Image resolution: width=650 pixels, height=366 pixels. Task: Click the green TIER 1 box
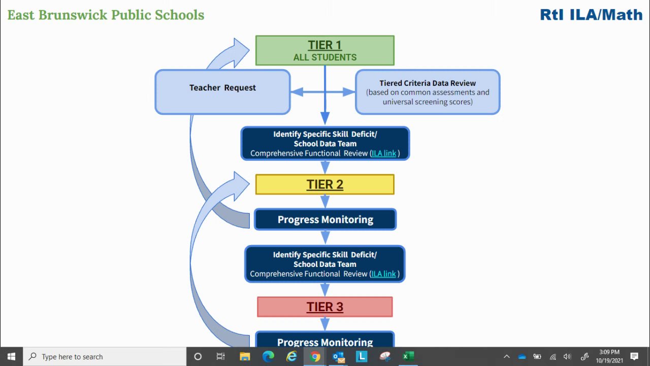tap(324, 50)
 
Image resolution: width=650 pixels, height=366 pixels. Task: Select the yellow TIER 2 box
tap(324, 185)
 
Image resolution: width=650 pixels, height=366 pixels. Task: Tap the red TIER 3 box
tap(324, 307)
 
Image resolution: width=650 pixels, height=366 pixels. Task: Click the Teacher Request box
tap(222, 91)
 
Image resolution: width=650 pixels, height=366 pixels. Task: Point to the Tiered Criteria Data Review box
tap(428, 92)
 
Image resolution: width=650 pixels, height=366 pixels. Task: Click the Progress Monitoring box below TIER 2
tap(325, 220)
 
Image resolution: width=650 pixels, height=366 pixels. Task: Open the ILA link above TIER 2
tap(383, 153)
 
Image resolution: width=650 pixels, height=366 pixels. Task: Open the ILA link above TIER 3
tap(383, 273)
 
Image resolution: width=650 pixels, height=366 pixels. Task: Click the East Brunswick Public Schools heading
tap(106, 15)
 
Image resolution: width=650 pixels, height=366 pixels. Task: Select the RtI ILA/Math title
tap(591, 15)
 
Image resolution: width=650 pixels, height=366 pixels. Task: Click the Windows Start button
tap(11, 356)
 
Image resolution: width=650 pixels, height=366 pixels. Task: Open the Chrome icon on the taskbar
tap(315, 356)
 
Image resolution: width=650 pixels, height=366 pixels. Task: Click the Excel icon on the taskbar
tap(408, 356)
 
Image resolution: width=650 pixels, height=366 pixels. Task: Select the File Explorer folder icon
tap(245, 356)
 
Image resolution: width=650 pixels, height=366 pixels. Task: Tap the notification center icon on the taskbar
tap(634, 356)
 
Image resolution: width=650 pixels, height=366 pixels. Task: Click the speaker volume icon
tap(567, 356)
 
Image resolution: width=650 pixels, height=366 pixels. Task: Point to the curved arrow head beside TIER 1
tap(236, 51)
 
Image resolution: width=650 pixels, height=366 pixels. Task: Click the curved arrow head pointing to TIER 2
tap(238, 183)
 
